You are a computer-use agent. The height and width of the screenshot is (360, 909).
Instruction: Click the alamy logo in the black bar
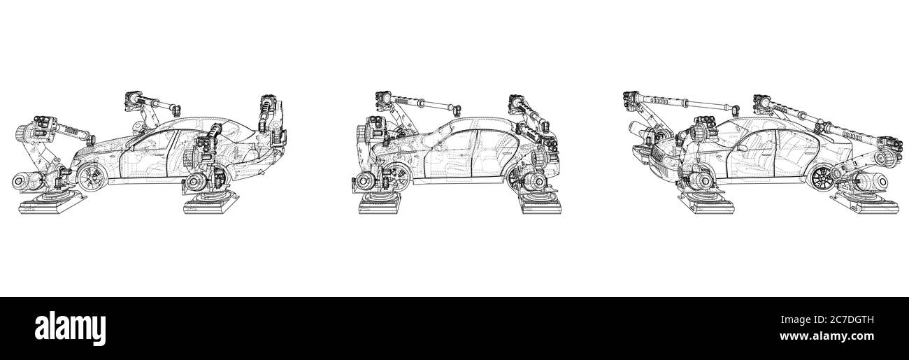coord(70,326)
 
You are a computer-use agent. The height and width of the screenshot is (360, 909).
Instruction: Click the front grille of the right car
coord(660,161)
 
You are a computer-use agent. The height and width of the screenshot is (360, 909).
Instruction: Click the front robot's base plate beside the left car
coord(49,205)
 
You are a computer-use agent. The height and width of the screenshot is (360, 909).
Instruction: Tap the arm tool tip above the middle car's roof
coord(457,108)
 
